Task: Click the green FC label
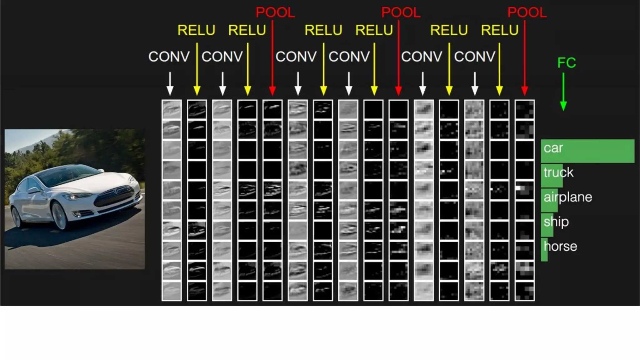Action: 566,63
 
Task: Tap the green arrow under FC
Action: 563,92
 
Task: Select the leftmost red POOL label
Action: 275,12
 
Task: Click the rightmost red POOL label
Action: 527,12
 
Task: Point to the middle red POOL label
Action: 401,12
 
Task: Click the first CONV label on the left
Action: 169,57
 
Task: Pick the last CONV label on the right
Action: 474,57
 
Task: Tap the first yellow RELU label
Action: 196,30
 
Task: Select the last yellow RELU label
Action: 499,30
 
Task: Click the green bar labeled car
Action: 587,151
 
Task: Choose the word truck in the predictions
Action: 558,172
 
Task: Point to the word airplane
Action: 568,197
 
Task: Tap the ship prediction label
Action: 556,222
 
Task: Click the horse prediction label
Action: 560,247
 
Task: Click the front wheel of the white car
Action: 59,216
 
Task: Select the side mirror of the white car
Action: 33,190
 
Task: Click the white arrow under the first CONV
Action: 170,83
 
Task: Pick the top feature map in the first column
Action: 172,109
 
